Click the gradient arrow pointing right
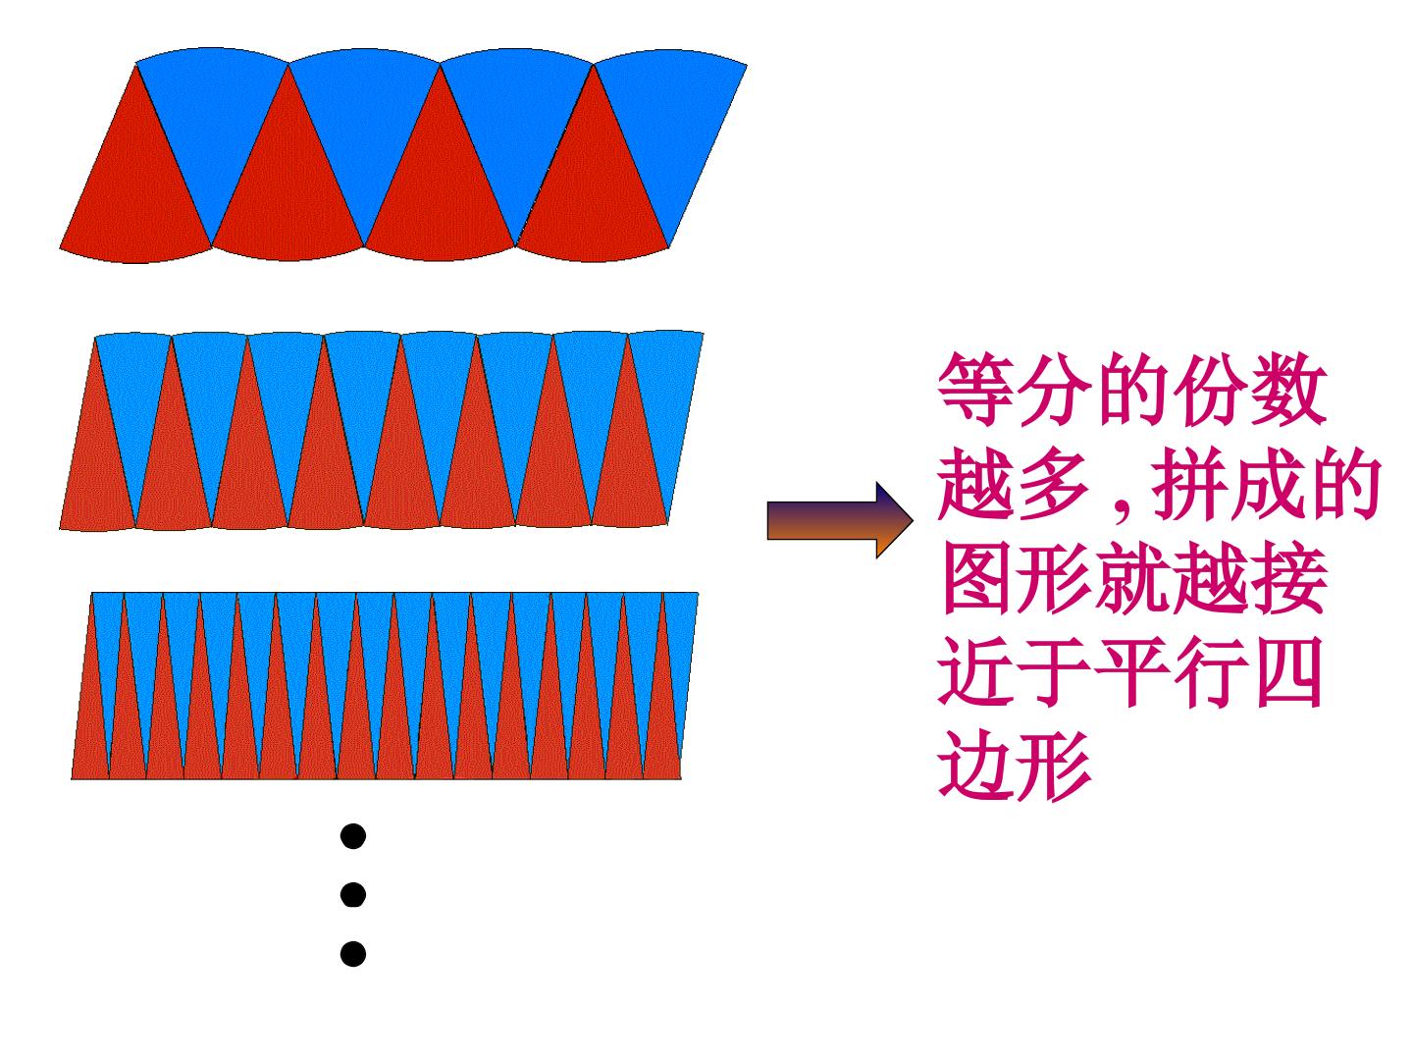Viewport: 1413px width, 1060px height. coord(839,520)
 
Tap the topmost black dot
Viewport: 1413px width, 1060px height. coord(353,836)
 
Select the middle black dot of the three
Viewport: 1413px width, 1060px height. coord(353,894)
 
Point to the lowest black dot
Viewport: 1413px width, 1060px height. coord(353,953)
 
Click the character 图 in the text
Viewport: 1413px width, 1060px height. coord(975,578)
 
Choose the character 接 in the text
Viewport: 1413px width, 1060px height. coord(1288,578)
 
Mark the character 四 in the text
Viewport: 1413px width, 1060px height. coord(1288,671)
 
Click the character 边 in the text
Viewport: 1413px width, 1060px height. coord(975,766)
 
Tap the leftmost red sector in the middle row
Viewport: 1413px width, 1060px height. coord(96,463)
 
